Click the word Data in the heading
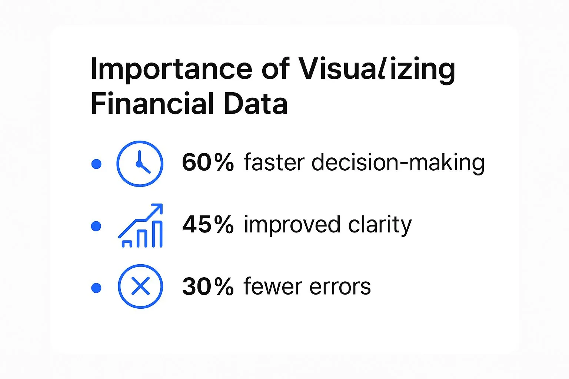pyautogui.click(x=256, y=104)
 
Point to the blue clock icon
pyautogui.click(x=140, y=164)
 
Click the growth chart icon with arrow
pyautogui.click(x=140, y=225)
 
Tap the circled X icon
pyautogui.click(x=140, y=286)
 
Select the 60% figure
pyautogui.click(x=208, y=162)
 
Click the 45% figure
pyautogui.click(x=208, y=224)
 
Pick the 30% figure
pyautogui.click(x=208, y=286)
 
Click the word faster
pyautogui.click(x=274, y=162)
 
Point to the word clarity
pyautogui.click(x=380, y=225)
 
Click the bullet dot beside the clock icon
pyautogui.click(x=97, y=164)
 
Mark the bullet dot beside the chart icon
pyautogui.click(x=96, y=226)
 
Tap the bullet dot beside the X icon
pyautogui.click(x=96, y=288)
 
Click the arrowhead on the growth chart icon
pyautogui.click(x=158, y=208)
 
